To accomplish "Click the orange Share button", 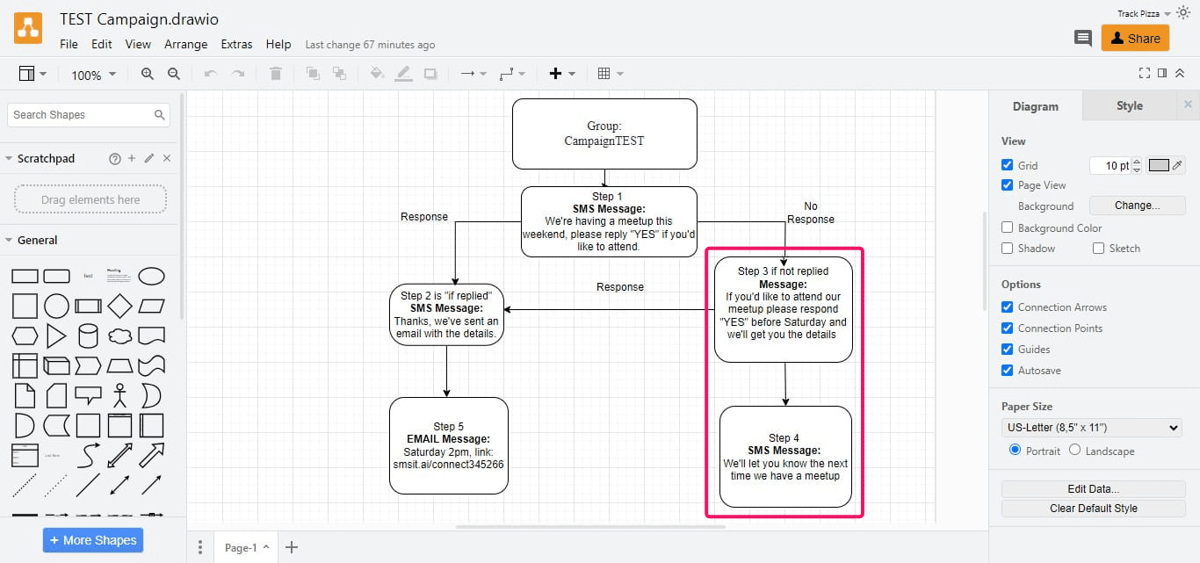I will [1135, 38].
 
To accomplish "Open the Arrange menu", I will [186, 44].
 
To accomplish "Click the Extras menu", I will [236, 44].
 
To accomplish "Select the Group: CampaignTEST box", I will [604, 134].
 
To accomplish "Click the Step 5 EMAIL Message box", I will [448, 445].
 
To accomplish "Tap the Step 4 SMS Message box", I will [785, 457].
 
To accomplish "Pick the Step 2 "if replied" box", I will [446, 314].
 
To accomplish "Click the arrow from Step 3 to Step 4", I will [785, 384].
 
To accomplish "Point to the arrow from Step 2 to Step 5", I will [446, 371].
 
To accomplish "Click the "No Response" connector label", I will [810, 213].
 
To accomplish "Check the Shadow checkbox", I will [1007, 249].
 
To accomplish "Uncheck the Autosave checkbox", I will [1007, 371].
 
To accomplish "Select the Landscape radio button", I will [1074, 451].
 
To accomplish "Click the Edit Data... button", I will [1093, 489].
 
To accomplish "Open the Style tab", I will [1129, 106].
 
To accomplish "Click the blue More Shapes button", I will [93, 540].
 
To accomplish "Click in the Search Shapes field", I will [81, 115].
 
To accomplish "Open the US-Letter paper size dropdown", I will [1092, 428].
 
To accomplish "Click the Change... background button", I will [1137, 206].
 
